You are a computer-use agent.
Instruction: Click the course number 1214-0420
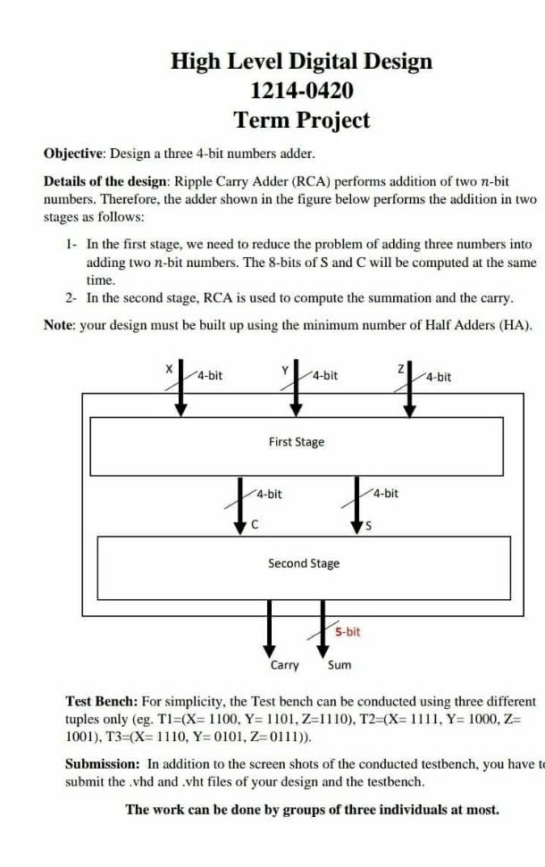pyautogui.click(x=301, y=90)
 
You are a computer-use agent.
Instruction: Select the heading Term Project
pyautogui.click(x=301, y=120)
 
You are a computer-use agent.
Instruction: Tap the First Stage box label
pyautogui.click(x=297, y=442)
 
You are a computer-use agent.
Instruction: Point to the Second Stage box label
pyautogui.click(x=303, y=563)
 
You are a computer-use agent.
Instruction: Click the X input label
pyautogui.click(x=167, y=368)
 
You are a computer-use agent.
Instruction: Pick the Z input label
pyautogui.click(x=403, y=368)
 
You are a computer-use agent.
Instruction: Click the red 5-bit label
pyautogui.click(x=348, y=632)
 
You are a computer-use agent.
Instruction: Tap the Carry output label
pyautogui.click(x=285, y=665)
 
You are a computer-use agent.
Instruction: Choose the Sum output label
pyautogui.click(x=340, y=665)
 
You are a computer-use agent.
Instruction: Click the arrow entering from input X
pyautogui.click(x=181, y=389)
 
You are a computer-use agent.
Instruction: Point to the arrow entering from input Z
pyautogui.click(x=410, y=389)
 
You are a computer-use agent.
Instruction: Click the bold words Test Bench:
pyautogui.click(x=101, y=702)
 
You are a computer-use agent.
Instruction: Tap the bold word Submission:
pyautogui.click(x=103, y=764)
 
